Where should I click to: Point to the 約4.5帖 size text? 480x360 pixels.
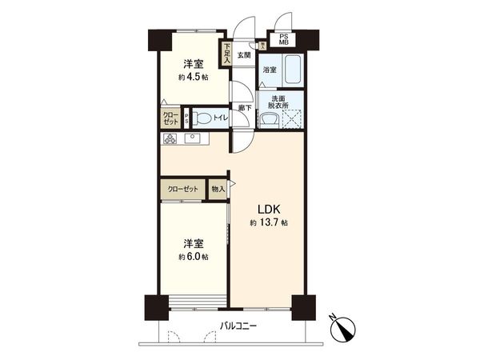click(x=193, y=78)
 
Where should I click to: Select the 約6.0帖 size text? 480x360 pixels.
click(x=194, y=257)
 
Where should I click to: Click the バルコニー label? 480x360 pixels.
click(x=240, y=326)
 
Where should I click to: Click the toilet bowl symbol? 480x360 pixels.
click(x=204, y=118)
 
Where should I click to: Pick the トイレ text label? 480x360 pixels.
click(x=221, y=118)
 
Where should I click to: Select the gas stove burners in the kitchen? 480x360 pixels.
click(x=170, y=139)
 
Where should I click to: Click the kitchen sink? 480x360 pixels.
click(x=194, y=139)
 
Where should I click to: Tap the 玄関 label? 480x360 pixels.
click(x=245, y=55)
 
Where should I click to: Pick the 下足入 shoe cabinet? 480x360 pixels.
click(x=227, y=53)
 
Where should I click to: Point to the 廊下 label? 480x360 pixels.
click(x=244, y=107)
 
